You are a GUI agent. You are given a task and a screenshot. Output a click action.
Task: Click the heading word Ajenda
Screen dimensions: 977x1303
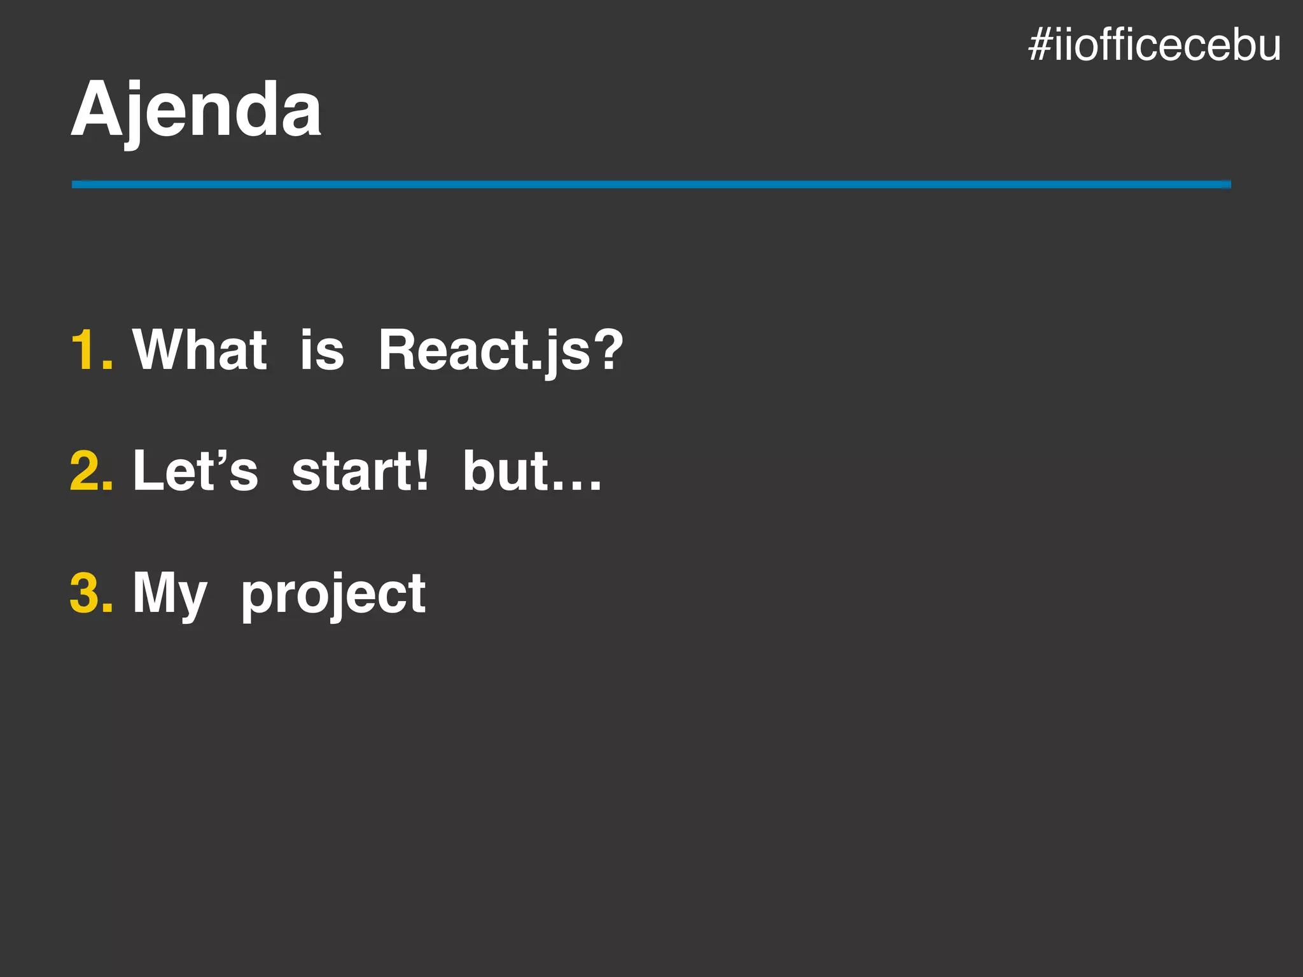(x=196, y=109)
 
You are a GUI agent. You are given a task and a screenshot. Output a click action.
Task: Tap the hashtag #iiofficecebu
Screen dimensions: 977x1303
(x=1154, y=46)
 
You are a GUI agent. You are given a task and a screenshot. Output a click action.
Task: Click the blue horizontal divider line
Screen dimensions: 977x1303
(x=651, y=184)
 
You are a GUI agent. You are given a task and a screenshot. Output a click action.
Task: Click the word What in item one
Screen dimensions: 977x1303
(x=199, y=350)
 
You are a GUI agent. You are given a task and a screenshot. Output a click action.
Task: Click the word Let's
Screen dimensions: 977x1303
(x=195, y=471)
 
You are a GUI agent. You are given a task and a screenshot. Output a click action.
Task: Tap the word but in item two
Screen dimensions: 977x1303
(x=506, y=471)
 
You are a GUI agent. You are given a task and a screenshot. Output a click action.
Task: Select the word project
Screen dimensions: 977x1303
(x=333, y=596)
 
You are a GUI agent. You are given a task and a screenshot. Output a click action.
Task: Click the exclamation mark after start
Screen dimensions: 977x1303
(x=421, y=471)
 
